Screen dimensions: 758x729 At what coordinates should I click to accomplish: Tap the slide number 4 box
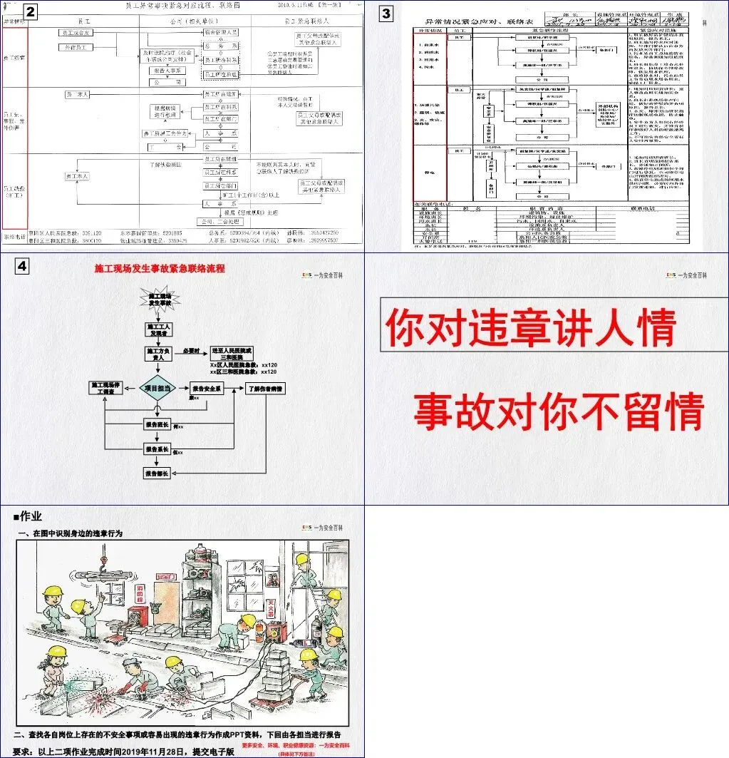pos(22,266)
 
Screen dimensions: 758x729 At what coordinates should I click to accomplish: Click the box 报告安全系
pos(207,389)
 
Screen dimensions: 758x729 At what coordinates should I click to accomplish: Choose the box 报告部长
pos(157,473)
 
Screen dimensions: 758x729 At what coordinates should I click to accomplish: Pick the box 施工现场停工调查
pos(105,388)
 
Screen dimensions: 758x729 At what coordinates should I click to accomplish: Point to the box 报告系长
pos(157,449)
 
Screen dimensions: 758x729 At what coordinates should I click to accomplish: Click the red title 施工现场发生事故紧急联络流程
pos(160,269)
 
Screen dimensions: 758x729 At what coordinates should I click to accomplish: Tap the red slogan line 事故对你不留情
pos(559,411)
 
